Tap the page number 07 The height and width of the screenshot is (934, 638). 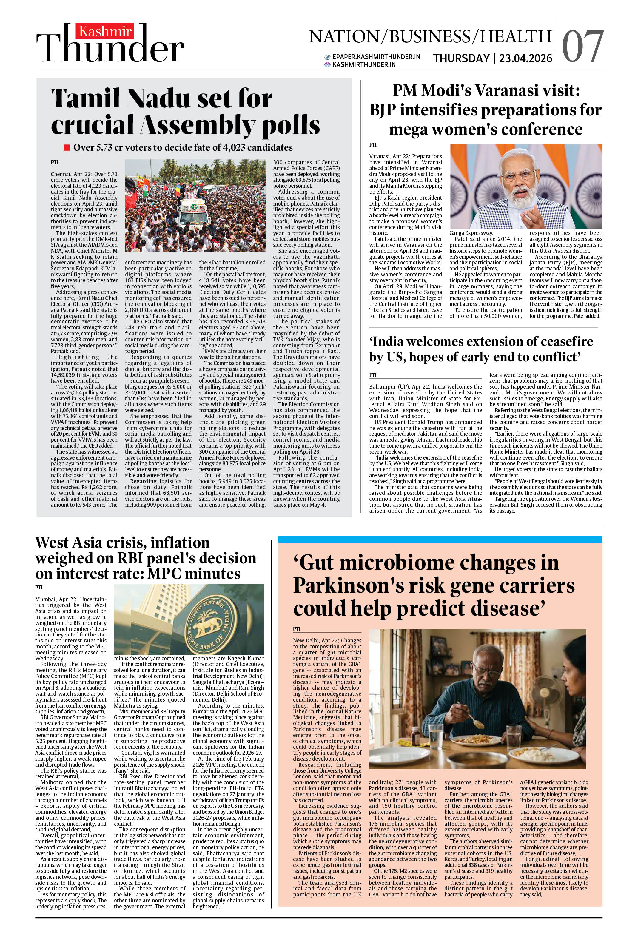tap(582, 47)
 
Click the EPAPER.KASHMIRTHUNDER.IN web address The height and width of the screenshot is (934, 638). tap(376, 57)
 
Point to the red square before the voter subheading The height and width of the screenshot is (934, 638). tap(67, 147)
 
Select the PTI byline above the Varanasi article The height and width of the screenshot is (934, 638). tap(373, 145)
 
